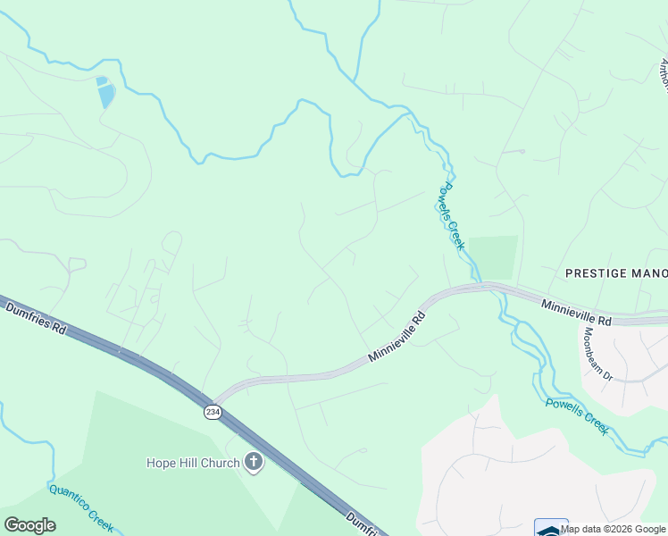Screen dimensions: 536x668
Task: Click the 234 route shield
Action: coord(212,411)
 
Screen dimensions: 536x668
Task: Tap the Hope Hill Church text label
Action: coord(193,463)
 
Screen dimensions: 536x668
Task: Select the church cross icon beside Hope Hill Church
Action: coord(254,463)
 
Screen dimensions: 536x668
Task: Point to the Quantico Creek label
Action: coord(80,508)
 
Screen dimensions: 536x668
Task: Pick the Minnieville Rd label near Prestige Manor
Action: coord(576,313)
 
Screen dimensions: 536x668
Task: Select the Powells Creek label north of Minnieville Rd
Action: coord(452,215)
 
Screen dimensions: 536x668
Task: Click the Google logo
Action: coord(29,524)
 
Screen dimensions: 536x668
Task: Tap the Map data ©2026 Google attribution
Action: coord(614,529)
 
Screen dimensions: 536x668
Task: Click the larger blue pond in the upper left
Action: coord(106,94)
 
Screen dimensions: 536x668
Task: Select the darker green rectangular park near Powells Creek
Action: coord(493,257)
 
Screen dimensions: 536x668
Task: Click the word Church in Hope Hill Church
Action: coord(220,463)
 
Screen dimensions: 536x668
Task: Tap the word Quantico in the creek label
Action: coord(68,499)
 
